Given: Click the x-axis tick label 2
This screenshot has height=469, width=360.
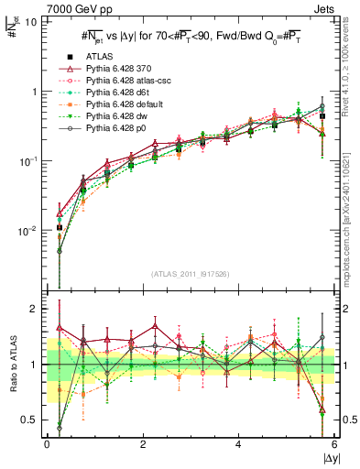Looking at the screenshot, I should coord(143,444).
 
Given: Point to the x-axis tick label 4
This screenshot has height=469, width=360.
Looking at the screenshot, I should coord(238,444).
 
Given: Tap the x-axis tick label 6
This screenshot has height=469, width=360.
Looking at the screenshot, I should coord(333,444).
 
